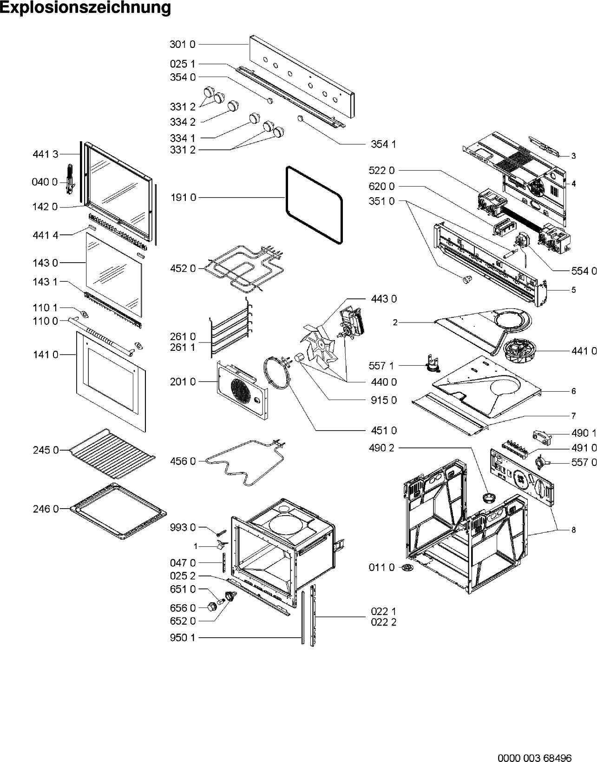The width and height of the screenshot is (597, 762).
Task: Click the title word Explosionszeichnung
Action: pos(85,8)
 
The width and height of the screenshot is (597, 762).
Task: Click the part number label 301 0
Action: pos(183,45)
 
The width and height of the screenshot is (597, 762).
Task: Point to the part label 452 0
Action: pos(183,268)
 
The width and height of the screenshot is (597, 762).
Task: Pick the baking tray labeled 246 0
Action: pos(118,511)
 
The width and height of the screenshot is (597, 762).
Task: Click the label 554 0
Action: pos(584,271)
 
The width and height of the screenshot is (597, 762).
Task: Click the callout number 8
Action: pos(573,530)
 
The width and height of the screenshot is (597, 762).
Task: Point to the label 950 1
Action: pos(183,638)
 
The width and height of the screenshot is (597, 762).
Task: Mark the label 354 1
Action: pos(383,144)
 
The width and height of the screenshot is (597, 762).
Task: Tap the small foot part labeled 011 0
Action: pos(407,568)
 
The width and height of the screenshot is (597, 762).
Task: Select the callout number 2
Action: pos(395,323)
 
